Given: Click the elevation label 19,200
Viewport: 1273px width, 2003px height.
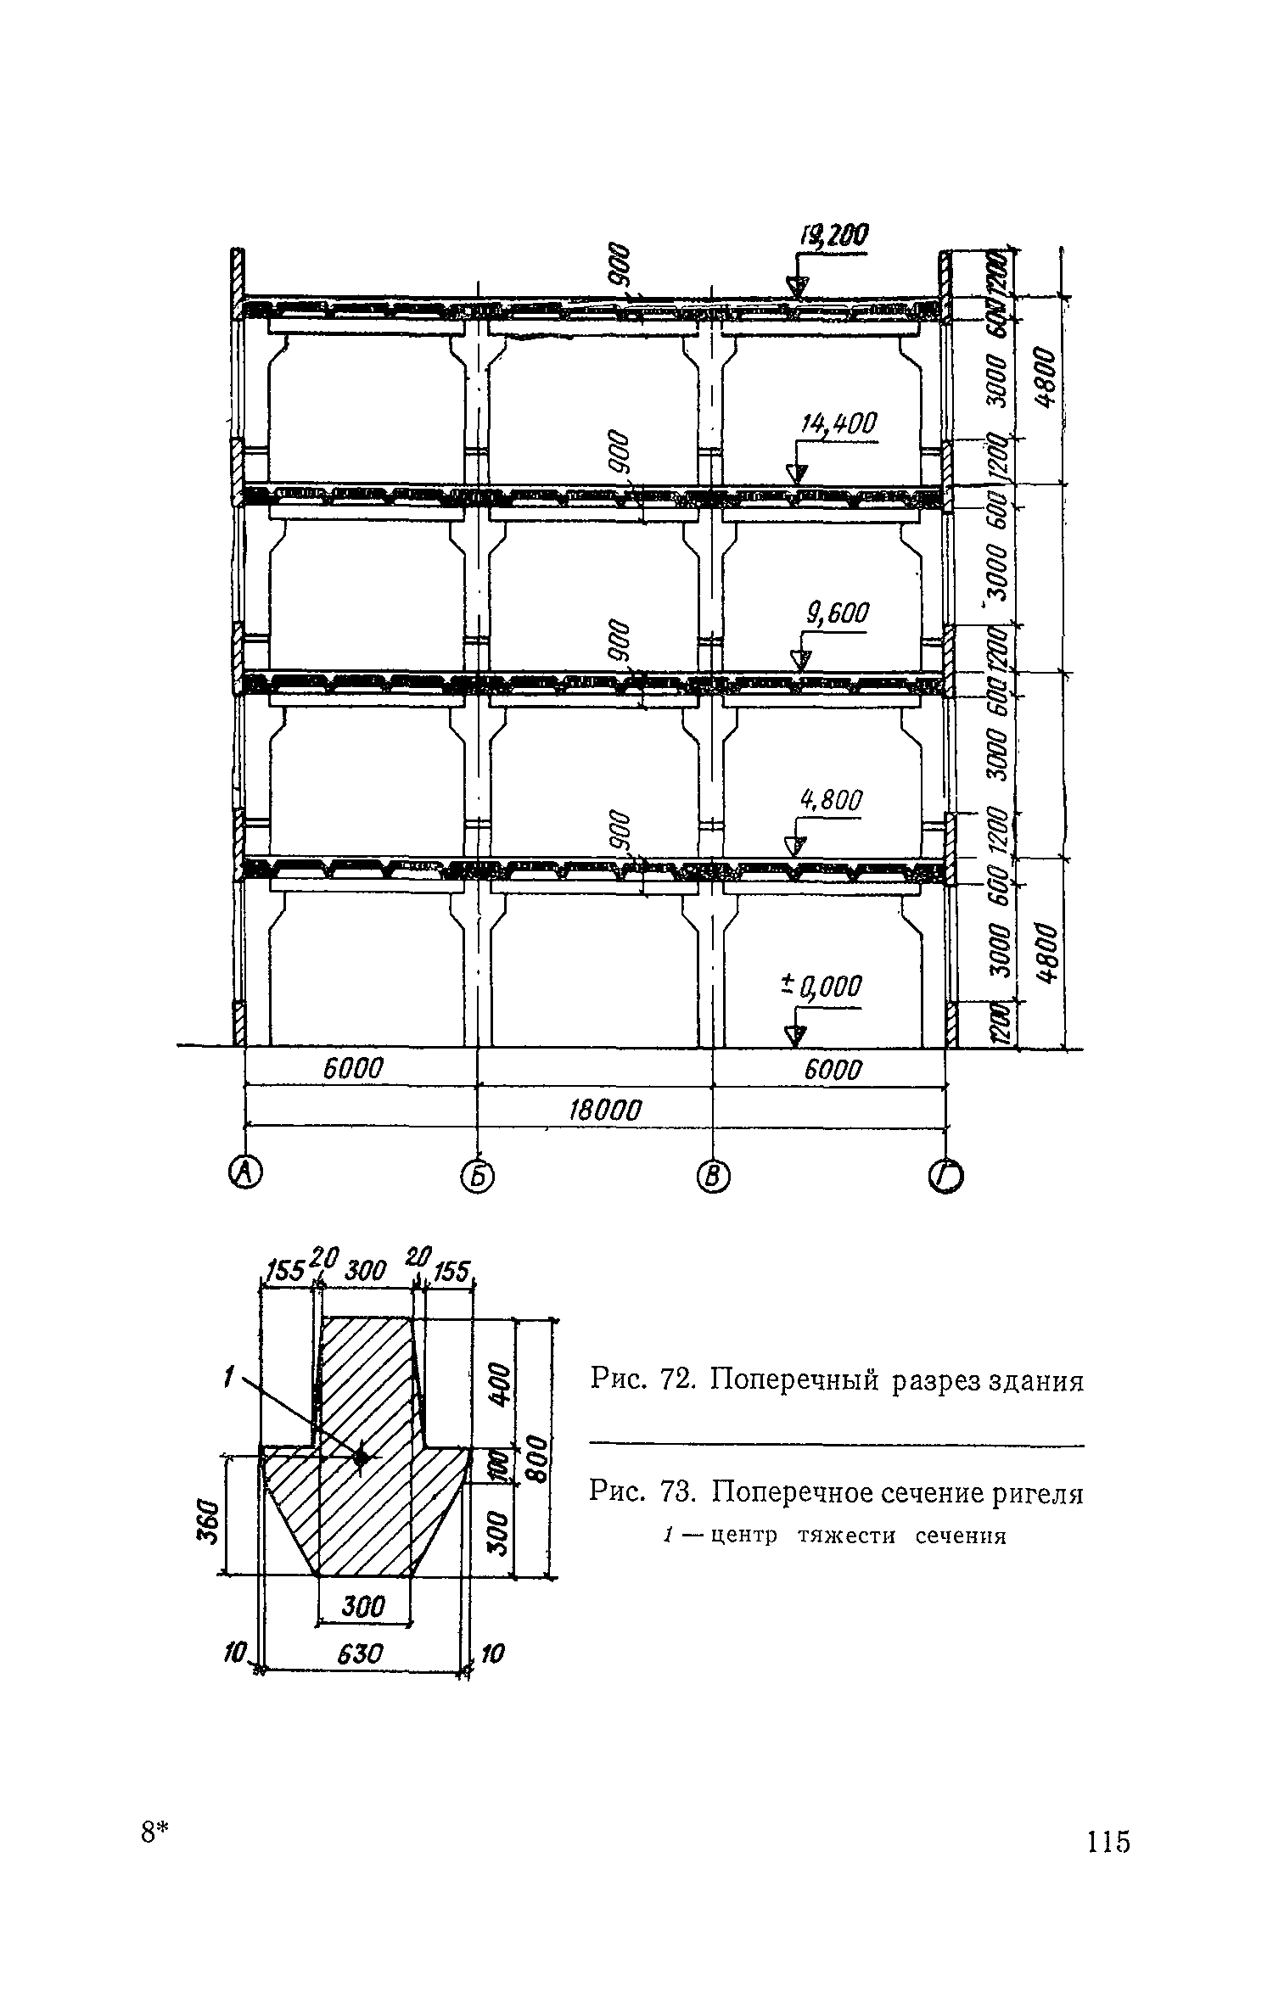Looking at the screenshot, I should tap(833, 237).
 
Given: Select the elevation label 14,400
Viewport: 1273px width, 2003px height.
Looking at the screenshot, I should tap(837, 425).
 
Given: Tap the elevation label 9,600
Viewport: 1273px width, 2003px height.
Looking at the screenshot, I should tap(838, 613).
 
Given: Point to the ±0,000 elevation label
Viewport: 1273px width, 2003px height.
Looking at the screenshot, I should tap(821, 988).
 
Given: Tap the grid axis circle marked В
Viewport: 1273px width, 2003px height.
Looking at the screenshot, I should tap(713, 1177).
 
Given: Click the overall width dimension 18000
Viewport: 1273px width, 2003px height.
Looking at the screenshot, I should tap(604, 1110).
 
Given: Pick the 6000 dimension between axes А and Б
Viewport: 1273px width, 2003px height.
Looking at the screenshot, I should tap(353, 1068).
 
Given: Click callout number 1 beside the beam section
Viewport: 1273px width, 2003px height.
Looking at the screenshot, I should tap(227, 1380).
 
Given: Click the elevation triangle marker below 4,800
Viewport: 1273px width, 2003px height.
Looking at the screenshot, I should tap(794, 846).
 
